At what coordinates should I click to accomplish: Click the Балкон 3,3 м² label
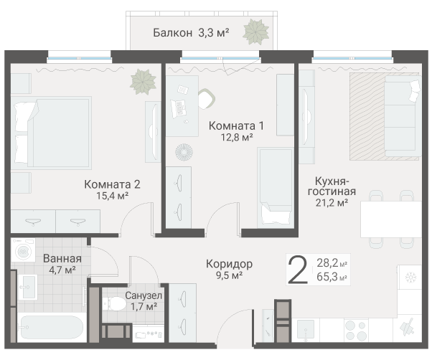click(190, 32)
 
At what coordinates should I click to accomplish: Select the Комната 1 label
click(236, 126)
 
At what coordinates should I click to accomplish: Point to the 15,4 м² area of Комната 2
click(111, 195)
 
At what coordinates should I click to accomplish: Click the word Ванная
click(62, 259)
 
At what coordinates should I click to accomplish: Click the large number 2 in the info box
click(297, 270)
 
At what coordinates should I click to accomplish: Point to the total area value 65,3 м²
click(332, 277)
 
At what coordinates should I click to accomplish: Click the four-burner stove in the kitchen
click(354, 329)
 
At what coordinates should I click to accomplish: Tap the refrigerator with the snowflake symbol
click(412, 278)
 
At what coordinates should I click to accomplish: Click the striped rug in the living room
click(367, 114)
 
